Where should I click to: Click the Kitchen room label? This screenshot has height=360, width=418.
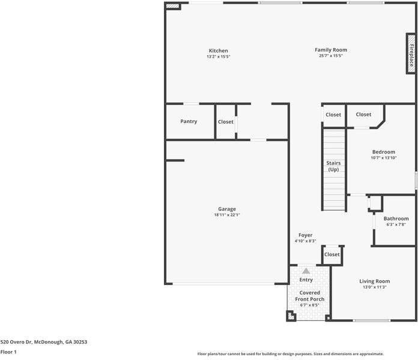(x=218, y=50)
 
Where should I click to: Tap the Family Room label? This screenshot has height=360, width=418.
(x=331, y=50)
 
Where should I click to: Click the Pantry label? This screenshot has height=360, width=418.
(x=189, y=121)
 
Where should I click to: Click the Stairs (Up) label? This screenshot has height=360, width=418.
(x=333, y=166)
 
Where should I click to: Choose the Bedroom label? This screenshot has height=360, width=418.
(x=383, y=152)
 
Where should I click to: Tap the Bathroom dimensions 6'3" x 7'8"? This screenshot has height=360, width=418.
(x=396, y=224)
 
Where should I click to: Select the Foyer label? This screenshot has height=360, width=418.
(x=305, y=235)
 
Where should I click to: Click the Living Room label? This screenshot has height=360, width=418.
(x=375, y=281)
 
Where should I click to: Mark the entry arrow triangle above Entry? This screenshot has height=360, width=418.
(x=306, y=271)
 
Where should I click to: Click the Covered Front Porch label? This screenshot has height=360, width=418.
(x=309, y=296)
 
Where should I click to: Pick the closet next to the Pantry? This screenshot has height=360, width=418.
(x=226, y=122)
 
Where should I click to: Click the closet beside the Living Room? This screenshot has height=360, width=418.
(x=332, y=254)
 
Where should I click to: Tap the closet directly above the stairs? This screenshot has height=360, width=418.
(x=333, y=115)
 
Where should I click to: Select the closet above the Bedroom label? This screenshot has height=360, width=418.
(x=363, y=115)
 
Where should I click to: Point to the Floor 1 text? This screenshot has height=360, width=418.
(x=8, y=352)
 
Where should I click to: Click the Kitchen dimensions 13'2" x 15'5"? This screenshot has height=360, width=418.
(x=218, y=56)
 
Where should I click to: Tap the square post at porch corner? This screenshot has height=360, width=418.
(x=291, y=316)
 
